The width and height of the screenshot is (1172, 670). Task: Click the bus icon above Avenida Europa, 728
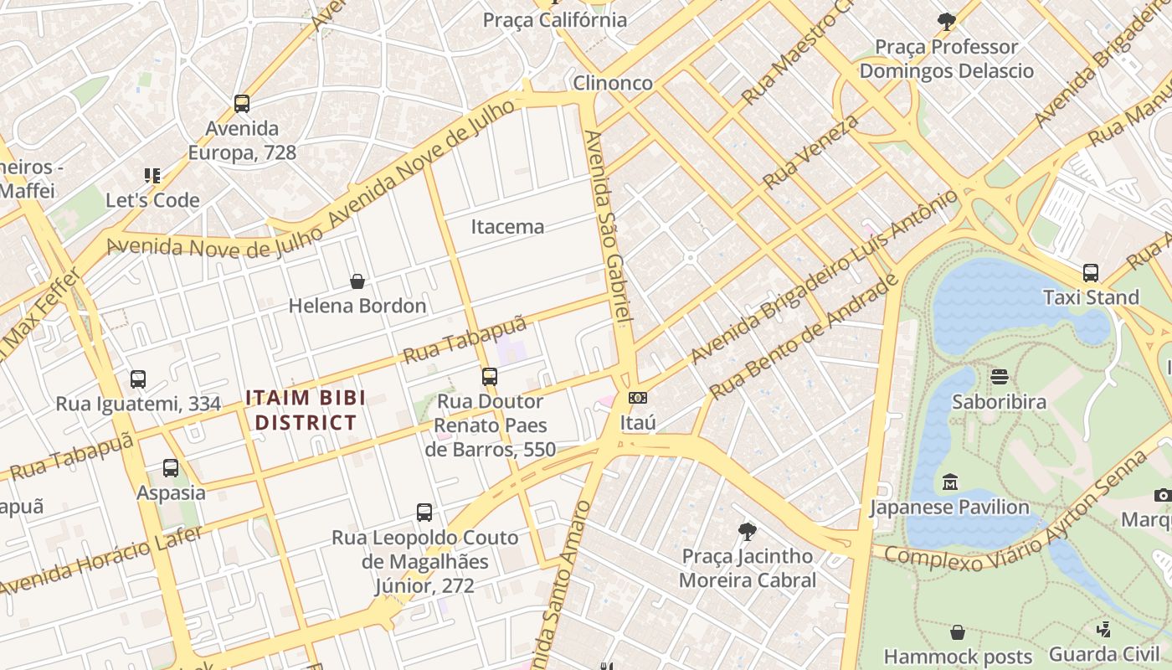[x=242, y=104]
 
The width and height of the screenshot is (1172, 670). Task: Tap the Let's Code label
[x=152, y=200]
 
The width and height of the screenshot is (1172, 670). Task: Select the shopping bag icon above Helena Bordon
[x=357, y=281]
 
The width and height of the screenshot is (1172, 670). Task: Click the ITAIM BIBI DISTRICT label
[x=306, y=410]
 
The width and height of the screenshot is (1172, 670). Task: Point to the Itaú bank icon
[x=638, y=398]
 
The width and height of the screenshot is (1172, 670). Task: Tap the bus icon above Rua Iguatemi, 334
[x=138, y=379]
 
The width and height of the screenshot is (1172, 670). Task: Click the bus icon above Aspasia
[x=171, y=468]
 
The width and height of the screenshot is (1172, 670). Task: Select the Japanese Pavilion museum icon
[x=950, y=482]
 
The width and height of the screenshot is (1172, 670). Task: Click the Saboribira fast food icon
[x=999, y=377]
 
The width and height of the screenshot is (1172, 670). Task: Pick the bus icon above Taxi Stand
[x=1091, y=273]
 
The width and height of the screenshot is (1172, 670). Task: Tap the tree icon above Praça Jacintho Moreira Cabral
[x=747, y=531]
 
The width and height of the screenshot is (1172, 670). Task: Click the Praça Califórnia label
[x=555, y=20]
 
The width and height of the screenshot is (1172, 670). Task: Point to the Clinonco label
[x=613, y=83]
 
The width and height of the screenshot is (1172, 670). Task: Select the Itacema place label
[x=507, y=227]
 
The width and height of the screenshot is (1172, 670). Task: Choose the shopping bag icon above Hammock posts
[x=958, y=632]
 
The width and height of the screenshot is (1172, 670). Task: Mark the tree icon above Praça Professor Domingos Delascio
[x=947, y=21]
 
